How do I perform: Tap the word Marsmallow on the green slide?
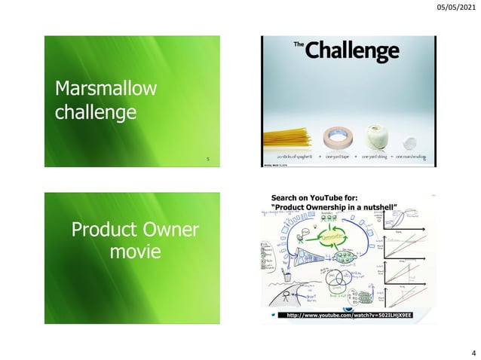pos(106,90)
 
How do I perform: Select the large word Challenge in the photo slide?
pos(353,51)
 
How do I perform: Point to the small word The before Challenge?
pos(299,47)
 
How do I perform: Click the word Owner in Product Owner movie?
pos(168,228)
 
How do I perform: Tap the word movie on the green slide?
pos(136,252)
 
